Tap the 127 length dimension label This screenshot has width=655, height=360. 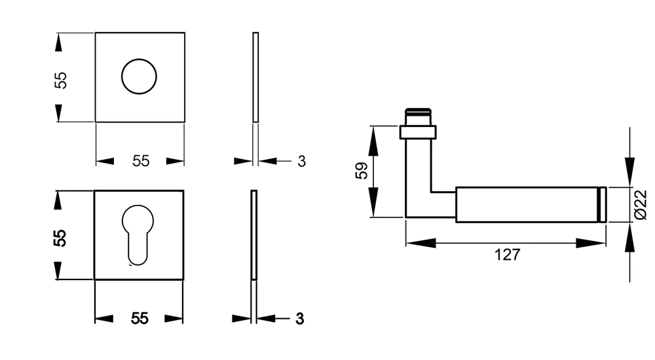coord(507,255)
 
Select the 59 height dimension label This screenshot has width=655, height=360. coord(362,170)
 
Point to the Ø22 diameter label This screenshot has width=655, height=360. coord(641,204)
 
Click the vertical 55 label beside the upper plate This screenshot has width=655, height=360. coord(61,81)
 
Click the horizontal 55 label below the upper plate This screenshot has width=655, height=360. coord(141,161)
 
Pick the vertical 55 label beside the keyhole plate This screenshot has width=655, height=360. coord(60,238)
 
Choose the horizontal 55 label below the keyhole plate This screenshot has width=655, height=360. coord(140,319)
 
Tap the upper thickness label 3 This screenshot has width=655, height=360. coord(301,161)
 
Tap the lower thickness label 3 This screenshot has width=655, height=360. coord(299,319)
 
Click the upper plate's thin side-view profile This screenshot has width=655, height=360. coord(255,77)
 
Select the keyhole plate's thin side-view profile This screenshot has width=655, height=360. coord(254,235)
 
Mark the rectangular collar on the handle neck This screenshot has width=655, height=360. coord(418,132)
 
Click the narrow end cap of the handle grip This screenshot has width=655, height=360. coord(603,205)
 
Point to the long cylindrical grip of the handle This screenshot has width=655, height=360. coord(527,205)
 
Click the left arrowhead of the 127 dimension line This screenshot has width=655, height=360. coord(421,243)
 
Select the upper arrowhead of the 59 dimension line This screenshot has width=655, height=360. coord(373,141)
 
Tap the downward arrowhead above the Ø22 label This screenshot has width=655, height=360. coord(629,171)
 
